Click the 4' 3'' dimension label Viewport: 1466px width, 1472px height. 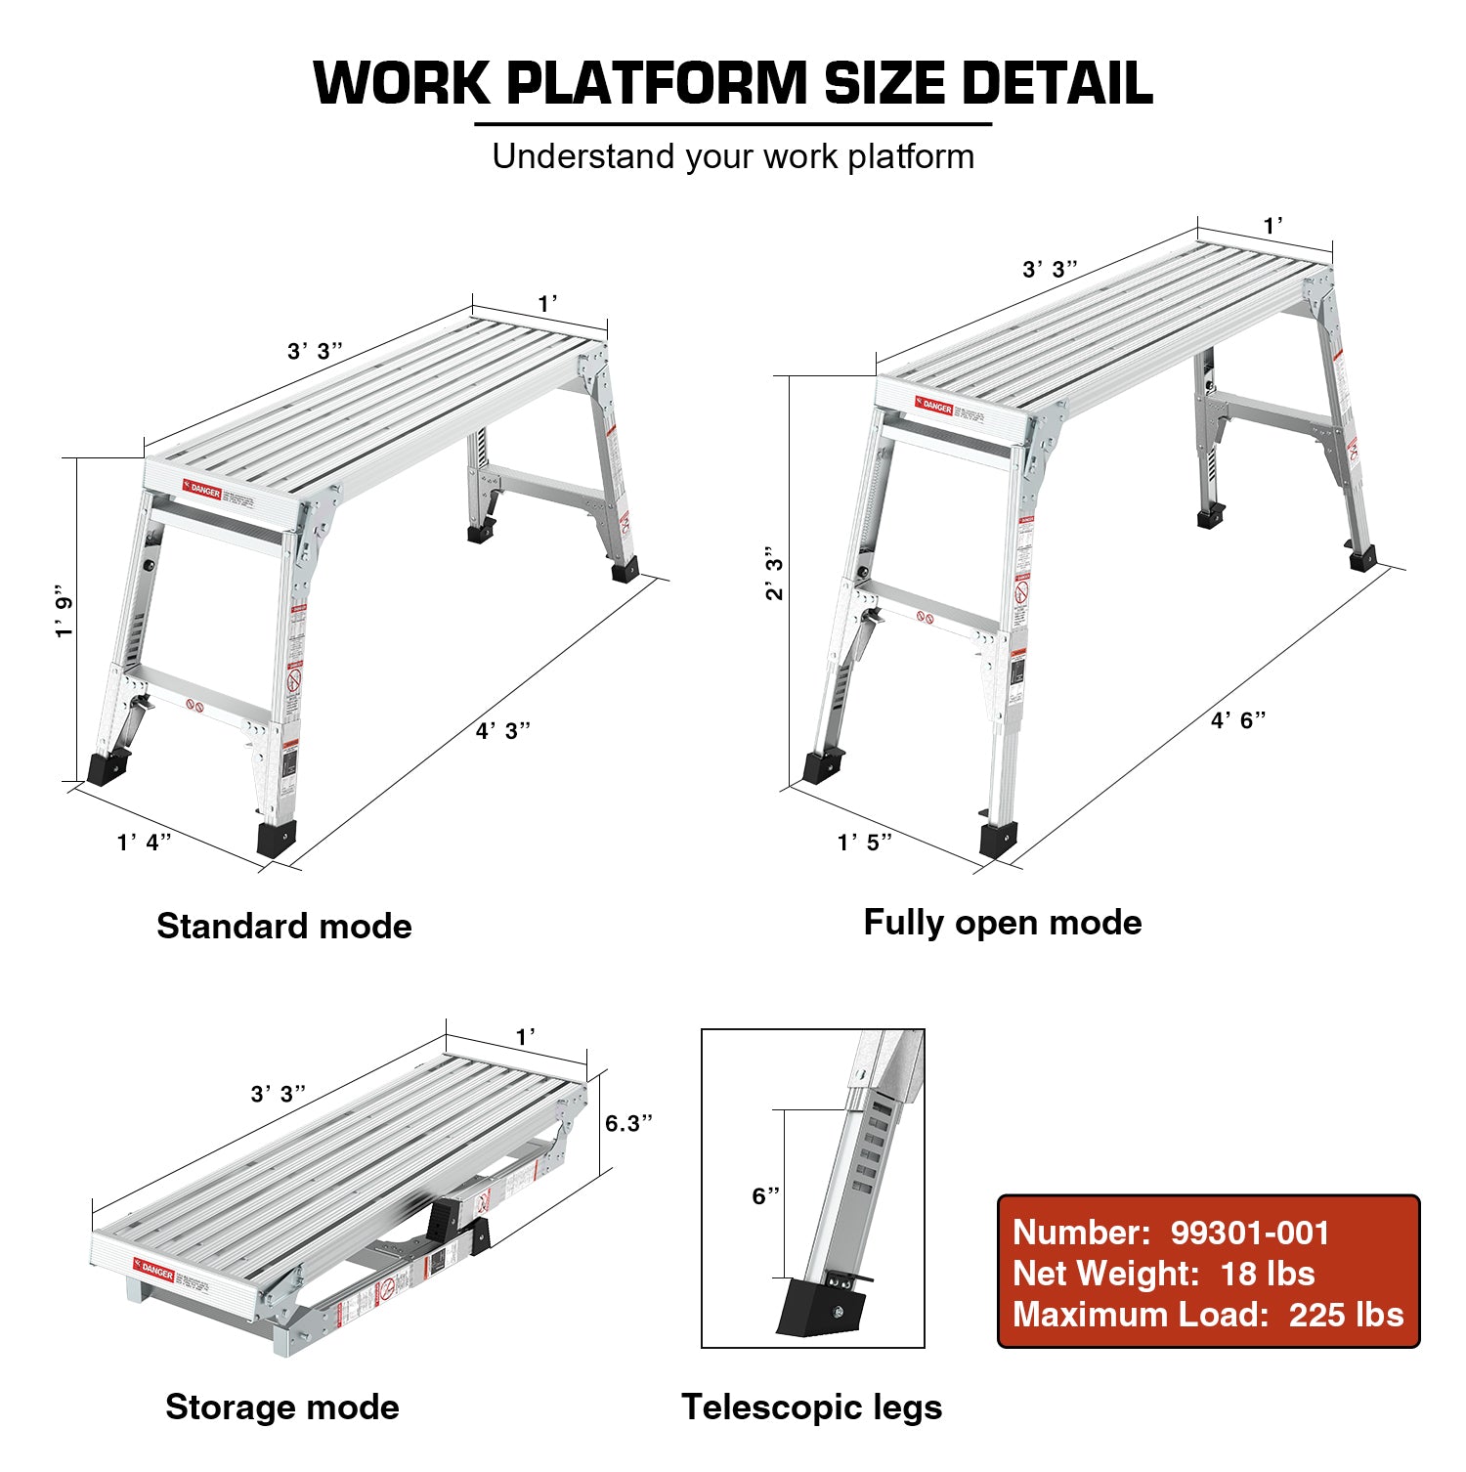(x=503, y=731)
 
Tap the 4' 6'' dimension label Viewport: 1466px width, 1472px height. (x=1238, y=720)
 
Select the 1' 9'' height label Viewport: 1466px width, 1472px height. (x=65, y=612)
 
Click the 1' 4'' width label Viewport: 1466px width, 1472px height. (x=145, y=842)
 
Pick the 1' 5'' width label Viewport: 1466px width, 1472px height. (x=865, y=842)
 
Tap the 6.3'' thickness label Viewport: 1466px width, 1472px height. (x=628, y=1123)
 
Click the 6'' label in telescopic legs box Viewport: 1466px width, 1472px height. (x=766, y=1195)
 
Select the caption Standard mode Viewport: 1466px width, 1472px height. (x=284, y=926)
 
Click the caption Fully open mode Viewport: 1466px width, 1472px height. (x=1003, y=922)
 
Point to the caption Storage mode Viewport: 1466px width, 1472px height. (x=282, y=1407)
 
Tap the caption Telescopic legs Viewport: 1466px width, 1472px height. (x=812, y=1407)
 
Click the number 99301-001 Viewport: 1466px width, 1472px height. (x=1250, y=1233)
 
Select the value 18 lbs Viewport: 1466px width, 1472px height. (x=1268, y=1274)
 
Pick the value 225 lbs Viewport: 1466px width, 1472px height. (x=1346, y=1315)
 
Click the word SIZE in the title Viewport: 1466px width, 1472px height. (x=884, y=83)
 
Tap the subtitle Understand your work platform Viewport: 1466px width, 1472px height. (x=733, y=156)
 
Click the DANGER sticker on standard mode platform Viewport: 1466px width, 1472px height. (x=202, y=489)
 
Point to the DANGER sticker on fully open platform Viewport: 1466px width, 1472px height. (x=934, y=405)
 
